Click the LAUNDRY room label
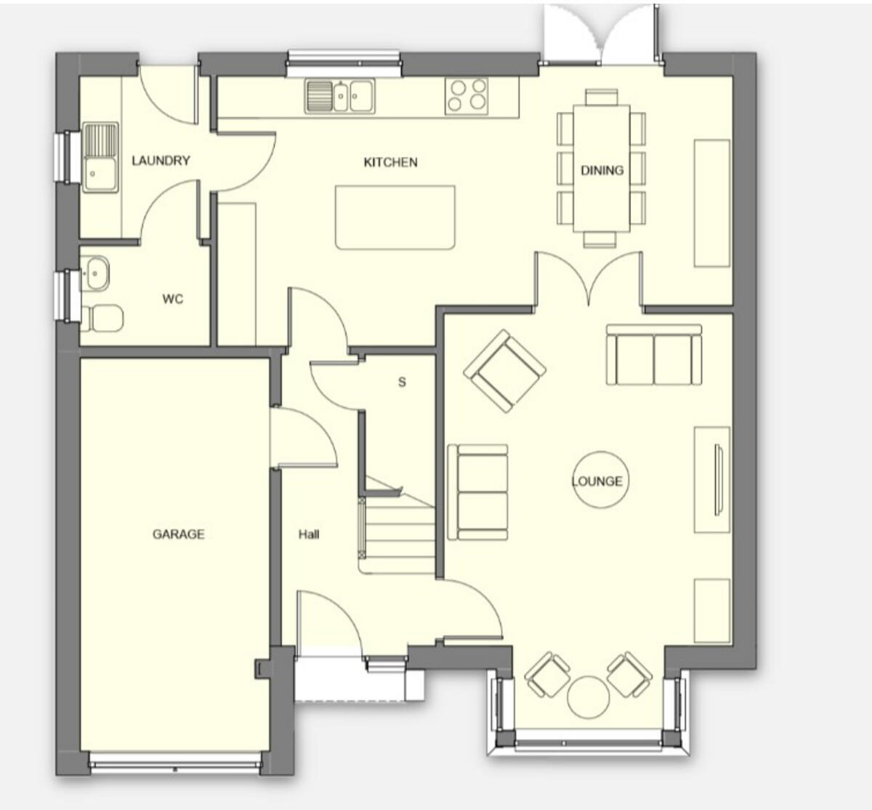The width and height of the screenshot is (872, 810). click(161, 161)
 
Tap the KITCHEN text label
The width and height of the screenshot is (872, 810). click(390, 162)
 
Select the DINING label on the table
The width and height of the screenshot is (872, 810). click(602, 170)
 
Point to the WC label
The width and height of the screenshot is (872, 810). click(173, 299)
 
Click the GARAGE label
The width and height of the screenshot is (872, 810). click(178, 534)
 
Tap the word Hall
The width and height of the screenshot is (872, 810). click(309, 534)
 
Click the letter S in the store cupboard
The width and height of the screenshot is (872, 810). click(402, 382)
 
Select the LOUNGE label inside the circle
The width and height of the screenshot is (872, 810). click(597, 481)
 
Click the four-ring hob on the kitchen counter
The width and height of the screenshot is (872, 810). click(467, 95)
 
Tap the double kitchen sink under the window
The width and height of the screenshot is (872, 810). click(340, 96)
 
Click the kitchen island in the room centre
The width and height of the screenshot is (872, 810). click(395, 217)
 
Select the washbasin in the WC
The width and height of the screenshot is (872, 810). click(94, 273)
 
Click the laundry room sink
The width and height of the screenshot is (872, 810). click(100, 157)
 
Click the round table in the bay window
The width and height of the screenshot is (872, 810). click(588, 697)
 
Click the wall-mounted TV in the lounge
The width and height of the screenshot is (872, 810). click(719, 481)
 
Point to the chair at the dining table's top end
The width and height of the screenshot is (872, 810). click(602, 96)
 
